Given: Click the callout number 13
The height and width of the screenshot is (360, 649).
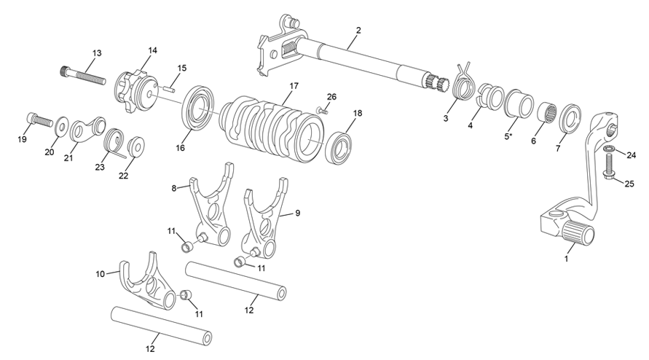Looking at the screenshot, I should coord(97,52).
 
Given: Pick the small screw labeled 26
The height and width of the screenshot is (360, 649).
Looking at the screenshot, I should coord(323,109).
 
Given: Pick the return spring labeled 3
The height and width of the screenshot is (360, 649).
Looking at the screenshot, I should coord(460,87).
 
